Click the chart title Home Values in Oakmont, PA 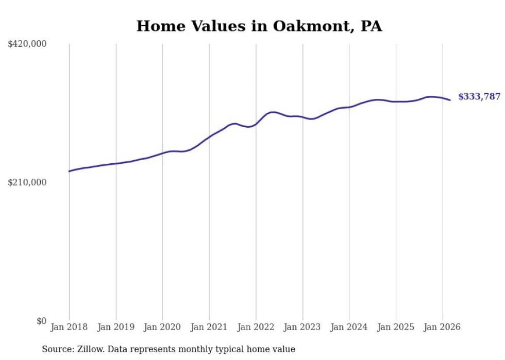pos(259,26)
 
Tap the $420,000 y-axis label pos(27,44)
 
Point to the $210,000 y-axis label pos(27,182)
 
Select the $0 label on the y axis pos(41,321)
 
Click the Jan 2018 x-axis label pos(69,327)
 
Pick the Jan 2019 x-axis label pos(116,327)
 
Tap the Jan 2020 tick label pos(162,327)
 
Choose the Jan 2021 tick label pos(209,327)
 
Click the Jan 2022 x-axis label pos(256,327)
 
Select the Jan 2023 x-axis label pos(302,327)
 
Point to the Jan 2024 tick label pos(349,327)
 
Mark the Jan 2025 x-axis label pos(396,327)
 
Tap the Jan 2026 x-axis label pos(442,327)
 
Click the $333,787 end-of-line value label pos(479,97)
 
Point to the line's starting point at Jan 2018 pos(69,171)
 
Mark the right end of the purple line pos(450,100)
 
